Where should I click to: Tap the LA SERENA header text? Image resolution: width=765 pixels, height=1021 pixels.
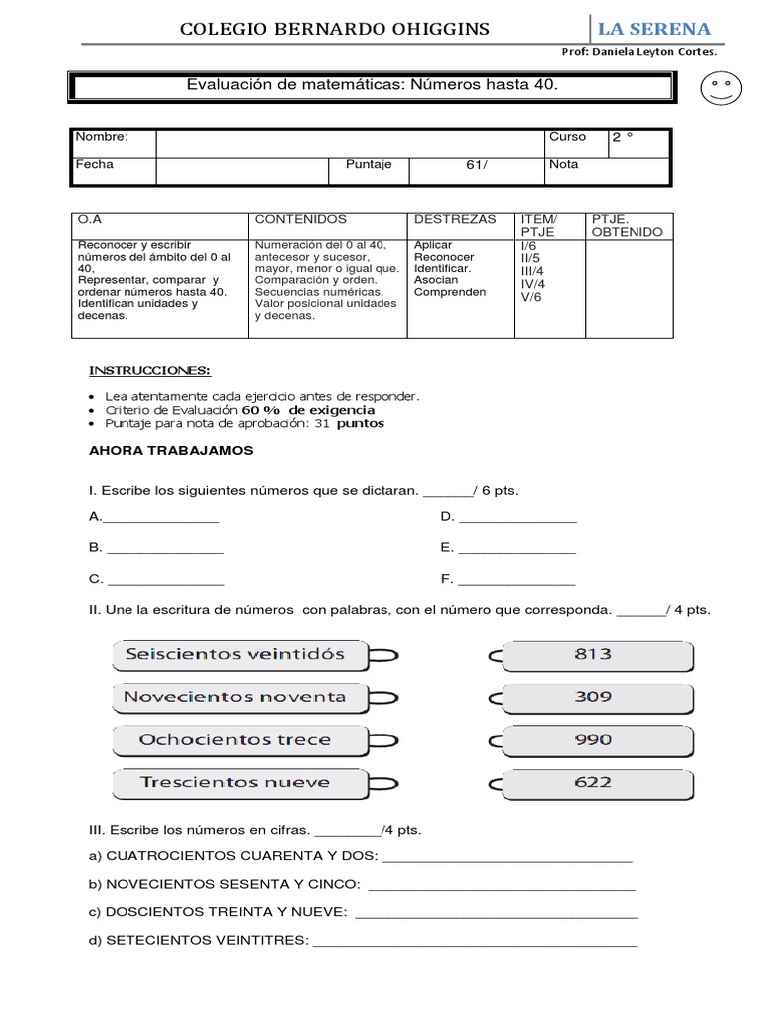pos(653,29)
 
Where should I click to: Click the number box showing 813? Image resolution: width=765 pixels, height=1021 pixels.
pos(593,655)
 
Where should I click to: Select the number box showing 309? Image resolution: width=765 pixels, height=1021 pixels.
pos(593,697)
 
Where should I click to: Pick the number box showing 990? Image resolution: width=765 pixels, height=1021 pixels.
pos(593,740)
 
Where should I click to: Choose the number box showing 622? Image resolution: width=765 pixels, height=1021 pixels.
pos(593,782)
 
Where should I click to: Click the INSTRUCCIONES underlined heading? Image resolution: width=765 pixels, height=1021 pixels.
pos(149,371)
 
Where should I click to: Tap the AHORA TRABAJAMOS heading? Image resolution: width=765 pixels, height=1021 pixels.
pos(171,451)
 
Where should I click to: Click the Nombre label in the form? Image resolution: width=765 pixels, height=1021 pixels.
pos(102,138)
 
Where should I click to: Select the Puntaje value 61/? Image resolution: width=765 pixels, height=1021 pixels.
pos(477,165)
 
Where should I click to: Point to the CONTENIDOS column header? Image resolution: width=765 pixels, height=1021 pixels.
pos(301,219)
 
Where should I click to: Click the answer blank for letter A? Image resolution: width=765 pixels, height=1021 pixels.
pos(161,518)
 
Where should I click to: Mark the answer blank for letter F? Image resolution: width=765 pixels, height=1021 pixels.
pos(516,580)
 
